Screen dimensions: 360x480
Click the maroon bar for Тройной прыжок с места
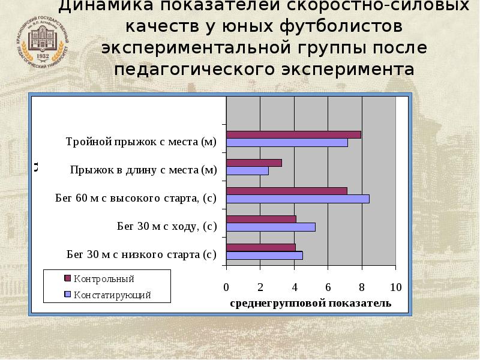(293, 134)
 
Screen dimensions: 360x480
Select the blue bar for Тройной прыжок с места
(287, 143)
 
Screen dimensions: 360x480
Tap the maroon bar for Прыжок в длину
(254, 163)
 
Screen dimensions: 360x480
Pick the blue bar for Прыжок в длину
(247, 171)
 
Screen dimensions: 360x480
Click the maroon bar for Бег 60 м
(286, 191)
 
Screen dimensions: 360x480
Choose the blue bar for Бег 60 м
(298, 199)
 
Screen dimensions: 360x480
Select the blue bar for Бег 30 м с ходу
(271, 227)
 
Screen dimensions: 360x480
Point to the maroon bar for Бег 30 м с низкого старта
(260, 247)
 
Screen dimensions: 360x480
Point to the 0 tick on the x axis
(226, 286)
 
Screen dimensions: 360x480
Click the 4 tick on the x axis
(294, 286)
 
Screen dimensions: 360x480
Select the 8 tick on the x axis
(362, 286)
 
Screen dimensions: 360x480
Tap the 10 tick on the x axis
(395, 286)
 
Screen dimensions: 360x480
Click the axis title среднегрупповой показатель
(310, 303)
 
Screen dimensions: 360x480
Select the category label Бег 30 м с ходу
(166, 226)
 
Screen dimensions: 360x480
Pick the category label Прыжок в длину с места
(143, 170)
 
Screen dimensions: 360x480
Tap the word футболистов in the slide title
(338, 28)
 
